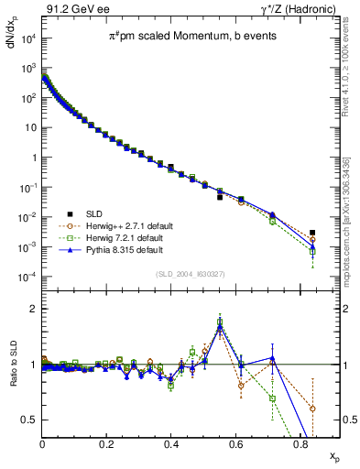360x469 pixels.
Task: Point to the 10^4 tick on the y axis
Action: pyautogui.click(x=27, y=38)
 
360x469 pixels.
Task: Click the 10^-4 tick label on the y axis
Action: pyautogui.click(x=27, y=277)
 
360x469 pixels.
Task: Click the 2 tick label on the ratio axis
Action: pyautogui.click(x=33, y=309)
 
